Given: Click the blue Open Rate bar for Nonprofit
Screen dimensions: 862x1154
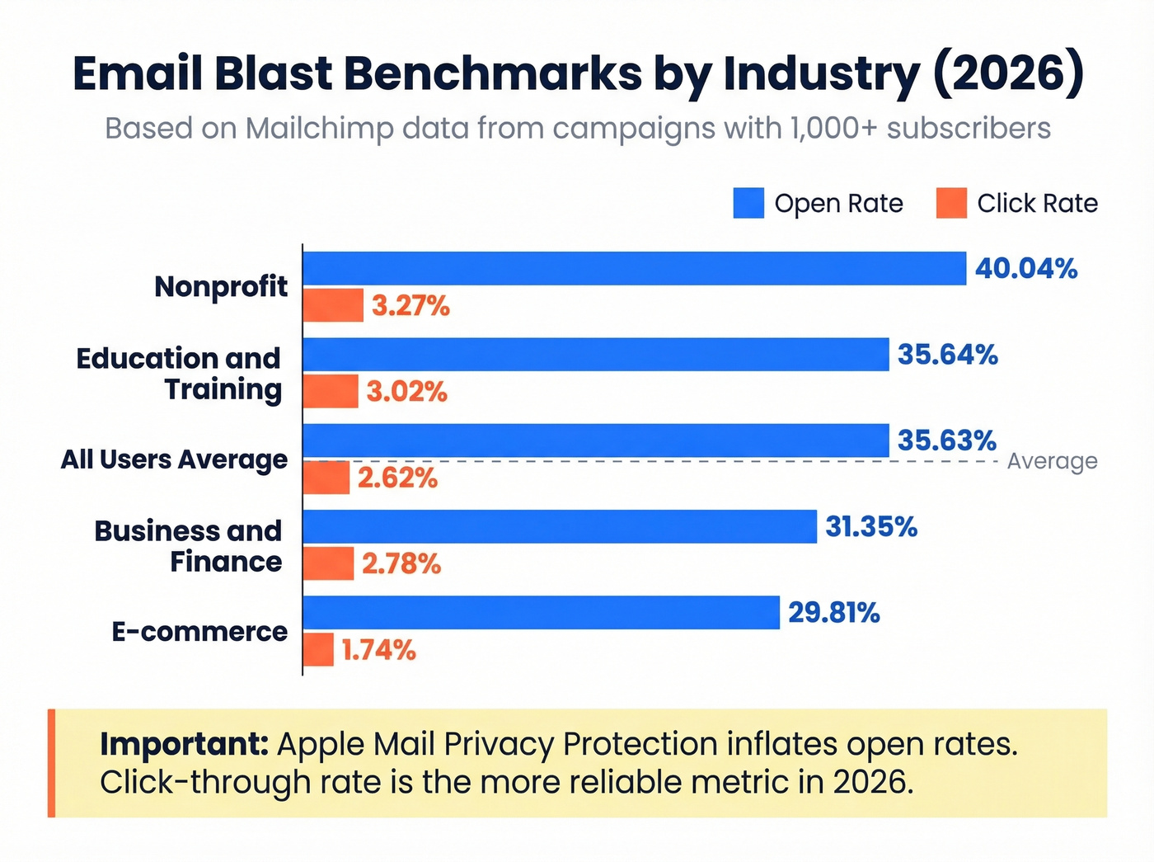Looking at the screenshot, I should tap(634, 269).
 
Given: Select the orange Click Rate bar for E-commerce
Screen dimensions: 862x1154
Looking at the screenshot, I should tap(318, 650).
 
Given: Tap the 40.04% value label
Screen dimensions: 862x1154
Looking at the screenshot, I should tap(1026, 269).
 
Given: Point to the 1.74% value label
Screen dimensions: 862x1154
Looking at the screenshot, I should tap(379, 650).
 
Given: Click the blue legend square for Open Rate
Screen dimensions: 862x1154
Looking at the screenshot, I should tap(748, 203).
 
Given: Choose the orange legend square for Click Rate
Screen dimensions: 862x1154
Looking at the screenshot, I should tap(951, 203).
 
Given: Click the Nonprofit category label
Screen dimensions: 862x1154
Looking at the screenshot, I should tap(221, 286).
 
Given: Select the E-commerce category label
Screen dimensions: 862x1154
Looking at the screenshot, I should tap(200, 632).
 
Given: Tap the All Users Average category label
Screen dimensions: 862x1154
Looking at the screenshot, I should tap(175, 459).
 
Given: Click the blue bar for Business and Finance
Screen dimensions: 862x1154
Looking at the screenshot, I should tap(560, 526).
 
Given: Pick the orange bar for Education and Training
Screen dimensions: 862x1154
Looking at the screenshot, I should tap(331, 391).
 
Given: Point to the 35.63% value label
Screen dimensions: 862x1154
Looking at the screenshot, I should tap(947, 440).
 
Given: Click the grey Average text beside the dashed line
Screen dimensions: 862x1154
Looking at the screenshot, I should tap(1052, 461).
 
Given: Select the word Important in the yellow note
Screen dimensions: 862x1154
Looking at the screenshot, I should tap(184, 744).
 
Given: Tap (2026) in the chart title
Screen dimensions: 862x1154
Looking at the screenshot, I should tap(1009, 73).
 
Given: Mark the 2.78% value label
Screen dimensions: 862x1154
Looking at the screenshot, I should tap(401, 564).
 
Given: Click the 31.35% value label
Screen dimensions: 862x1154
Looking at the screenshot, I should tap(871, 526).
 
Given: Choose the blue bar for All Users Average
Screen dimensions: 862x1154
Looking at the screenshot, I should tap(596, 440).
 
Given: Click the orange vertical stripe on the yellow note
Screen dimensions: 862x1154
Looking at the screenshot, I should tap(52, 763).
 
